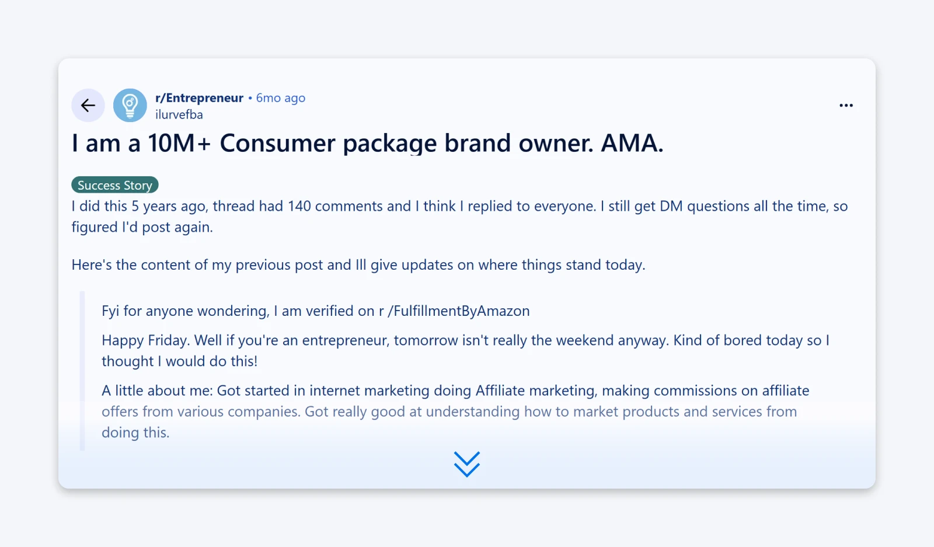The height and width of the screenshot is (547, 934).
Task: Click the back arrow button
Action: [x=88, y=106]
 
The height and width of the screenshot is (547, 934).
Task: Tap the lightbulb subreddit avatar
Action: [x=130, y=106]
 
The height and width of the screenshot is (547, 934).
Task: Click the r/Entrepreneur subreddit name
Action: [x=199, y=98]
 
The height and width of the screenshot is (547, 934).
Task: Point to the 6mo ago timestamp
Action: [x=280, y=98]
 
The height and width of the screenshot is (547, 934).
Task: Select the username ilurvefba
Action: [x=179, y=115]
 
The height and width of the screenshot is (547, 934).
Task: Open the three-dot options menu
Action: [x=846, y=106]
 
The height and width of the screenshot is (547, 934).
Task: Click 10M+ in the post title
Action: [x=179, y=144]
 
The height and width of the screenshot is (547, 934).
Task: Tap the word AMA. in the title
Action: [x=632, y=144]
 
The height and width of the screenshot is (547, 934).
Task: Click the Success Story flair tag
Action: [x=115, y=185]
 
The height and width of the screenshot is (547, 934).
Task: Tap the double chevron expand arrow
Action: [x=467, y=464]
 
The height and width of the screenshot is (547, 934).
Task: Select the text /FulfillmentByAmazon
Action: [x=459, y=311]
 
